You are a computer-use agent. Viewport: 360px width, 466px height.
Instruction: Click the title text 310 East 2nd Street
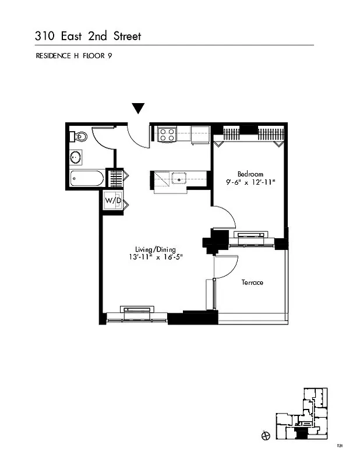[x=87, y=36]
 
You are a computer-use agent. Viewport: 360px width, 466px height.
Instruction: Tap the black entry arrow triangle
[x=137, y=108]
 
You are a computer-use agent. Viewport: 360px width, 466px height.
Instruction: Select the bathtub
[x=86, y=178]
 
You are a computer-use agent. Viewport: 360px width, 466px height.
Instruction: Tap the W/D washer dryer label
[x=113, y=201]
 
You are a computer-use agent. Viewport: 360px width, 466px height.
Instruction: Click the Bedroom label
[x=250, y=174]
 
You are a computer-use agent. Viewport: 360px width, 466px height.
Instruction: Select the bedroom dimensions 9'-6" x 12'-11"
[x=250, y=182]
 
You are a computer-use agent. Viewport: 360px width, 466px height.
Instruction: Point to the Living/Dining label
[x=156, y=249]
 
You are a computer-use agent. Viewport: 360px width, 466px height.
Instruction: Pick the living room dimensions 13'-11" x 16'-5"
[x=156, y=257]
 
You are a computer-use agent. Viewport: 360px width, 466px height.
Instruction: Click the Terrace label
[x=252, y=283]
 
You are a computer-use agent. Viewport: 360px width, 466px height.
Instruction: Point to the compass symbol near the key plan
[x=266, y=435]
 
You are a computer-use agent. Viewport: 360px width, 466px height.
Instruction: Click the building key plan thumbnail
[x=301, y=414]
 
